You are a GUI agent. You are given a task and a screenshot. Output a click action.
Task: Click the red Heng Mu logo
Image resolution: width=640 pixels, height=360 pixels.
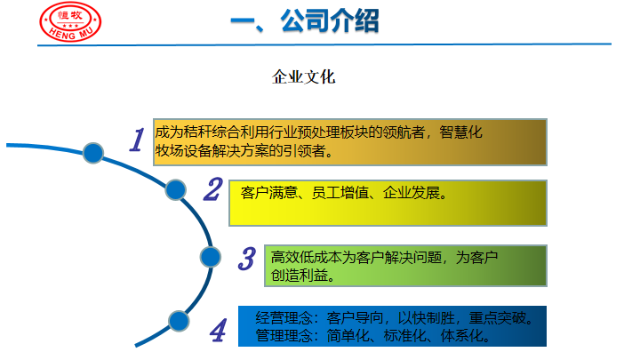coord(70,21)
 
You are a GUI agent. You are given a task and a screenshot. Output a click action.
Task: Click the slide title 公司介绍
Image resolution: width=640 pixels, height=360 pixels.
coord(330,20)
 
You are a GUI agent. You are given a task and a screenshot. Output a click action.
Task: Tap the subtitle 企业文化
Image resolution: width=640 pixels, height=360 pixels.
coord(304,76)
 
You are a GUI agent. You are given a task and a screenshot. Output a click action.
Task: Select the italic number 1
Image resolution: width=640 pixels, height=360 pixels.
coord(137,140)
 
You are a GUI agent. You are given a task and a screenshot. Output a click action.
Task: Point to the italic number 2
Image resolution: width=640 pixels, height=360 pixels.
coord(213,189)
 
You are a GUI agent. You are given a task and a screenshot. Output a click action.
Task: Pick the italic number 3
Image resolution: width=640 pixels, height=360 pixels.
coord(247,259)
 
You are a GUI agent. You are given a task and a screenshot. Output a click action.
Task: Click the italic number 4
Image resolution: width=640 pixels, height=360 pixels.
coord(218,330)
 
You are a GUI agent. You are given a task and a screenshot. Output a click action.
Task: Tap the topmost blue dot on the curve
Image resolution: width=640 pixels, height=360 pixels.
coord(93,153)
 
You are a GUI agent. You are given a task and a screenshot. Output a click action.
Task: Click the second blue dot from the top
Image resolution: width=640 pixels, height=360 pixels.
coord(176,190)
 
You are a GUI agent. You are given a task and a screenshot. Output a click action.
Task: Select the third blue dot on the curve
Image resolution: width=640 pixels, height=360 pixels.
coord(211,257)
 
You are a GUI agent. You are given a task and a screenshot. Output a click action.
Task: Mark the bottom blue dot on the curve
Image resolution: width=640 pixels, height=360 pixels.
coord(179,321)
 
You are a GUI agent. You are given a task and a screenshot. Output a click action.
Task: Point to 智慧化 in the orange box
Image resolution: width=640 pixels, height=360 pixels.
coord(460,132)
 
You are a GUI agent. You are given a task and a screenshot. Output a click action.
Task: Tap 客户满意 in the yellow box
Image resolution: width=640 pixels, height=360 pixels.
coord(269,193)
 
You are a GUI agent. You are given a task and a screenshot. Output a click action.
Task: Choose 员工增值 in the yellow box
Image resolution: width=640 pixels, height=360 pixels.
coord(340,193)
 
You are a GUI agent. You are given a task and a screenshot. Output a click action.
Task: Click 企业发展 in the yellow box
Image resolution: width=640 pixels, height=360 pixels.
coord(412,193)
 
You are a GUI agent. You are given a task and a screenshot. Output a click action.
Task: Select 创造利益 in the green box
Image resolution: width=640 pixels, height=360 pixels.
coord(300,276)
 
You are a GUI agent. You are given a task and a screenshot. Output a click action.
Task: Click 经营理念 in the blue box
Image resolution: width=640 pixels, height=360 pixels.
coord(284,318)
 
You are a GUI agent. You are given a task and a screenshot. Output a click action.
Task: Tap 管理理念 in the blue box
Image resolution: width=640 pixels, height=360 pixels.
coord(284,336)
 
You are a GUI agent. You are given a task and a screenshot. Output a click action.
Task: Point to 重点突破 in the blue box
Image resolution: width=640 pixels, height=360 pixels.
coord(497,318)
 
